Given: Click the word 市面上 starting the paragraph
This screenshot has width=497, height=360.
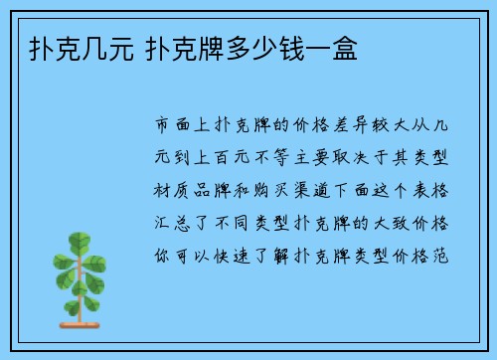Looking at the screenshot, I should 185,125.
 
